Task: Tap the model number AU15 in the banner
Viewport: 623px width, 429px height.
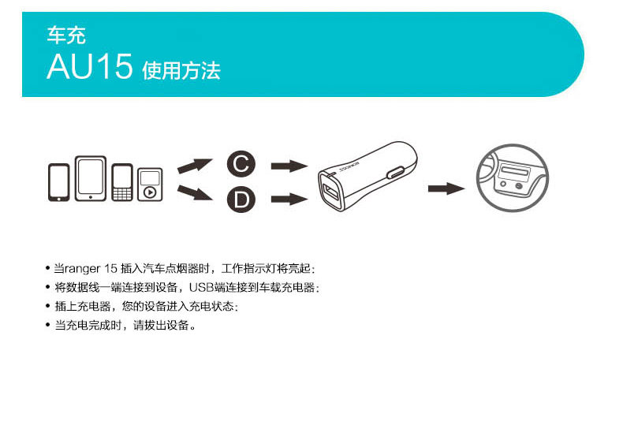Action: [x=89, y=67]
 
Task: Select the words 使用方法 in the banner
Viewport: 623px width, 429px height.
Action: [x=181, y=71]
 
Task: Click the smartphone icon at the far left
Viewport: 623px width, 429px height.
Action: [x=59, y=182]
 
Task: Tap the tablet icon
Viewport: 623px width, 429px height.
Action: [x=91, y=178]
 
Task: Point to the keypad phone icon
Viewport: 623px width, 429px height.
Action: [x=122, y=183]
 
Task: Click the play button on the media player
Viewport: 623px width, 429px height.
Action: [x=150, y=192]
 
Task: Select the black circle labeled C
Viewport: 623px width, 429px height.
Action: [x=241, y=165]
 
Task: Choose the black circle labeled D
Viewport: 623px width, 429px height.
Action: [x=241, y=200]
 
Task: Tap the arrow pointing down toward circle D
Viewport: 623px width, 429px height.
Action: [x=195, y=194]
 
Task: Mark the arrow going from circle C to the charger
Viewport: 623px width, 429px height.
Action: [x=288, y=166]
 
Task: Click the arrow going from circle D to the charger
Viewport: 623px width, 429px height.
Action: [x=288, y=200]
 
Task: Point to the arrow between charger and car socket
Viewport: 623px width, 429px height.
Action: [x=446, y=188]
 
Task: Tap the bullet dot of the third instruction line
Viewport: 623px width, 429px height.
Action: [x=48, y=306]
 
